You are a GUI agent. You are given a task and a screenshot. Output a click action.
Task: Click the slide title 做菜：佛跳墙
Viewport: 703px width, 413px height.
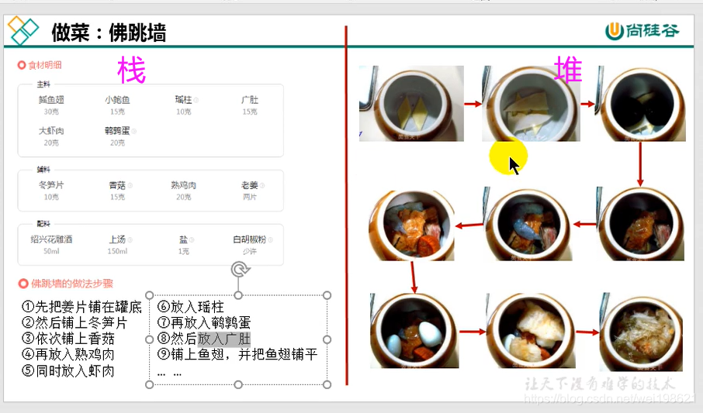109,33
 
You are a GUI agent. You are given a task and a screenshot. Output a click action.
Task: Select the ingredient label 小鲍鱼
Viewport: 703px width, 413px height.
117,100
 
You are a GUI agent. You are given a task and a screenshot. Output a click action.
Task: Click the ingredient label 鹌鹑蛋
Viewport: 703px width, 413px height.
117,131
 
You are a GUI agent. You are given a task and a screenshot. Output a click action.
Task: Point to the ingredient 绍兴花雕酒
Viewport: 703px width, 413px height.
51,240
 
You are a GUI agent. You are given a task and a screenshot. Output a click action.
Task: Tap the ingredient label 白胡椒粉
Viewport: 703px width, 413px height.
250,240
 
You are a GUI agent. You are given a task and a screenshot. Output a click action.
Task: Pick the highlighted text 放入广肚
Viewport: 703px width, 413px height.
224,339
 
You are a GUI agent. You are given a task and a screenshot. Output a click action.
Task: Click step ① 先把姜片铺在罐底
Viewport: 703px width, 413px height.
81,306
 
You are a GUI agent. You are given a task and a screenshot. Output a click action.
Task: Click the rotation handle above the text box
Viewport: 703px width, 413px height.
239,270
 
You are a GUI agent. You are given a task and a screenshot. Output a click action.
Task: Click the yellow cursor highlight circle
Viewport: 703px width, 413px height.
508,157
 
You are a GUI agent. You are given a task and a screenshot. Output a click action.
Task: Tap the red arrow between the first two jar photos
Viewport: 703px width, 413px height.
473,103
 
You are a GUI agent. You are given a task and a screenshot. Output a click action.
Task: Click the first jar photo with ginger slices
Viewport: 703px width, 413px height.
411,103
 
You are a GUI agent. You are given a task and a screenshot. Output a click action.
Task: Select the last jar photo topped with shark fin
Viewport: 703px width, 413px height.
640,332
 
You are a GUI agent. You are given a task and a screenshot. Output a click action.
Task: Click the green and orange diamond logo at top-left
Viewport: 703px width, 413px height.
23,31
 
